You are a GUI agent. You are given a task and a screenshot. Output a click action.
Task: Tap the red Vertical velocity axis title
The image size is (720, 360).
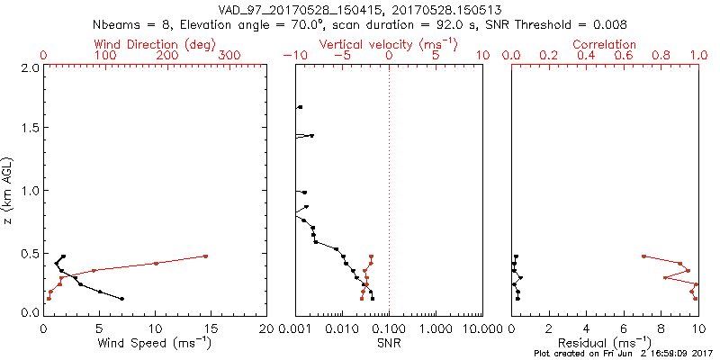[389, 44]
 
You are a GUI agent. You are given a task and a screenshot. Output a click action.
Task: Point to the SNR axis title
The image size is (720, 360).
[389, 342]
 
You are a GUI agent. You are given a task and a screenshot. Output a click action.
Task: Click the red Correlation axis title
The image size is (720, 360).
[605, 44]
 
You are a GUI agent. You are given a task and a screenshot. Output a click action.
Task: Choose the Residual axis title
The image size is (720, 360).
[605, 342]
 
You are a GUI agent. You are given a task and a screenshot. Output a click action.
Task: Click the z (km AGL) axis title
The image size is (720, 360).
[8, 190]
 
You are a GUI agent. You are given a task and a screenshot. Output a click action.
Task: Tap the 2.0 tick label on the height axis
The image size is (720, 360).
[29, 67]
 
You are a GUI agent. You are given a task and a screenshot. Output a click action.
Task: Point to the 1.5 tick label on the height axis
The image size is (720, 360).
[29, 129]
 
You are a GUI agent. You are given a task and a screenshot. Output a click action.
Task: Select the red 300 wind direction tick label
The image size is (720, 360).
[230, 56]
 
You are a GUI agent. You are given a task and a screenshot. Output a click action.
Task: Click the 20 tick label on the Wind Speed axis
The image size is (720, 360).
[265, 329]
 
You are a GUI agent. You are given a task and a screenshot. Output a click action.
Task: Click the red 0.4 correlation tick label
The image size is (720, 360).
[587, 56]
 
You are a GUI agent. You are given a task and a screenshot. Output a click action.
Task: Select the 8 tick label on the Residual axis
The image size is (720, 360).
[661, 329]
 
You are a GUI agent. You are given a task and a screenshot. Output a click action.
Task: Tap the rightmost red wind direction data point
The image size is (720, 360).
[205, 256]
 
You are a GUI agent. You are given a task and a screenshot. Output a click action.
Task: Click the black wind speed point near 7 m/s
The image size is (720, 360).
[121, 299]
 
